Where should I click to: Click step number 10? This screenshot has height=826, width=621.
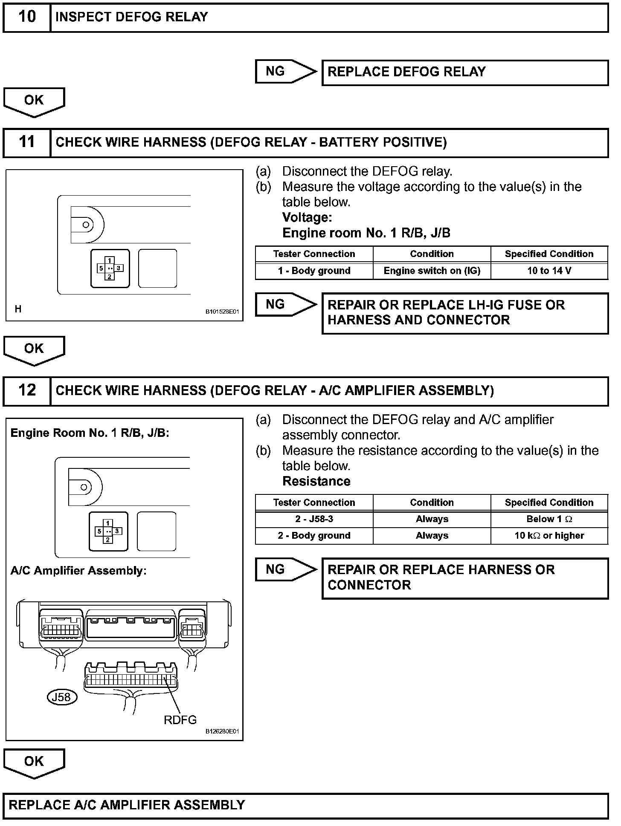(x=27, y=17)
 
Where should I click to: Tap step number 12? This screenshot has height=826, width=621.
(x=27, y=390)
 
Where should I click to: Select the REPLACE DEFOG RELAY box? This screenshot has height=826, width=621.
(x=465, y=72)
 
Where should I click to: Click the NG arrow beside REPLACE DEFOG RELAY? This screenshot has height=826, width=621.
(x=285, y=71)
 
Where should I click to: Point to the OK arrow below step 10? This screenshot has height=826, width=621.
(x=34, y=101)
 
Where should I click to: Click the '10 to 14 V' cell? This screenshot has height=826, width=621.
(x=549, y=271)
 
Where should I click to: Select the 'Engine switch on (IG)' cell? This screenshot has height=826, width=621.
(x=432, y=271)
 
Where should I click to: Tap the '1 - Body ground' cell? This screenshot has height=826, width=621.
(x=314, y=271)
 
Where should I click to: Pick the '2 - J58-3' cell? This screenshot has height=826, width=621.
(x=314, y=519)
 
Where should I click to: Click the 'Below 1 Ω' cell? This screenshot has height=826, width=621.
(x=549, y=519)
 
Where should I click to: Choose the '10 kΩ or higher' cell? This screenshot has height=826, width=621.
(x=549, y=536)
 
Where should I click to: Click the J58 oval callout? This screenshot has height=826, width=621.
(x=62, y=697)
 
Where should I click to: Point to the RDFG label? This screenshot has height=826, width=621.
(x=180, y=720)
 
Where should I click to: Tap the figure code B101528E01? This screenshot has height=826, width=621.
(x=222, y=312)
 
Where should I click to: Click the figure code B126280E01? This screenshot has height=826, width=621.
(x=222, y=731)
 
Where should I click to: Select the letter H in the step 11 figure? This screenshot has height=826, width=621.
(x=18, y=309)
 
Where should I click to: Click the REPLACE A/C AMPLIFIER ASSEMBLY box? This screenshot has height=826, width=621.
(x=305, y=805)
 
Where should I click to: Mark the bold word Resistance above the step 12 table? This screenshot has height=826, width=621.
(x=316, y=481)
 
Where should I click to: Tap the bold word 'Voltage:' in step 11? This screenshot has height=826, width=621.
(x=307, y=217)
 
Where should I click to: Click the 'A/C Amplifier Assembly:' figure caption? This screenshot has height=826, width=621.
(x=78, y=571)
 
